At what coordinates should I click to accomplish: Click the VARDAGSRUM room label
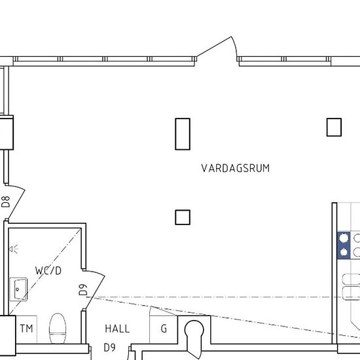pos(236,168)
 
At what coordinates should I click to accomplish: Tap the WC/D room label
pos(48,271)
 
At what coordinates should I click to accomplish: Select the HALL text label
pos(117,329)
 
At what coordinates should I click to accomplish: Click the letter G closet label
pos(164,329)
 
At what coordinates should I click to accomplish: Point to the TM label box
pos(26,329)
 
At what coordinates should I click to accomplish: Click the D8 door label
pos(6,202)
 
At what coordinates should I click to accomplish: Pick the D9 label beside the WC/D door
pos(83,290)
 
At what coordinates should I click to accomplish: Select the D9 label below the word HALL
pos(109,348)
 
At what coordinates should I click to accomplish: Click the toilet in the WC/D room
pos(58,329)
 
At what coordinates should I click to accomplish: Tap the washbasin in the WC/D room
pos(18,289)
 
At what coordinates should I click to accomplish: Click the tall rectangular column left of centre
pos(183,134)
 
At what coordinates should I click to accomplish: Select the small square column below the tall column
pos(183,217)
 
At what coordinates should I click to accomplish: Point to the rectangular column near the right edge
pos(334,127)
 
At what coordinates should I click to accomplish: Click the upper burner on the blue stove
pos(344,238)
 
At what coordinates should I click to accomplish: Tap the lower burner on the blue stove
pos(344,252)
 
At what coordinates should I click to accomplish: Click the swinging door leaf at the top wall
pos(214,46)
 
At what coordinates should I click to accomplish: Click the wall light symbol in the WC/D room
pos(14,249)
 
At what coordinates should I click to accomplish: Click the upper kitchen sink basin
pos(351,279)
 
